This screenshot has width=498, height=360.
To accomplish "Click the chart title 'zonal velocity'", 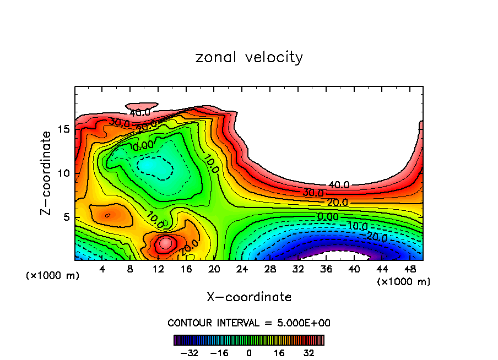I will click(249, 57).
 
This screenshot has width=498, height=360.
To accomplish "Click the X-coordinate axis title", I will click(249, 297).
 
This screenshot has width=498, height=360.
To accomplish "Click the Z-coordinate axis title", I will click(47, 172).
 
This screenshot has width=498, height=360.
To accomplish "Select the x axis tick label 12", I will click(159, 269).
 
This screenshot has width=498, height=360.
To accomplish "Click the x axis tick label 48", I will click(410, 269).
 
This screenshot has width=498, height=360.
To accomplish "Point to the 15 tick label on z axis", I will click(63, 129).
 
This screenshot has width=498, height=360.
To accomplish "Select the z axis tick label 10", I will click(63, 173).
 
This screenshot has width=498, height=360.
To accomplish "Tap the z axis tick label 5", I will click(67, 217).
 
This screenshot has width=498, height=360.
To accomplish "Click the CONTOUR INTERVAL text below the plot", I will click(249, 323).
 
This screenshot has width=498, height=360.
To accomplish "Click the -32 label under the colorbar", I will click(190, 353).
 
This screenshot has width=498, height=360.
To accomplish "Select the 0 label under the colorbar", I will click(249, 353).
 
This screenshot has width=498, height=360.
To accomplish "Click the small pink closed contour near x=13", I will click(166, 242).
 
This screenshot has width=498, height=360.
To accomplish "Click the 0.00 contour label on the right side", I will click(328, 217).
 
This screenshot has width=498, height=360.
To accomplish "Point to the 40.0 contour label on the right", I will click(339, 185).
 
